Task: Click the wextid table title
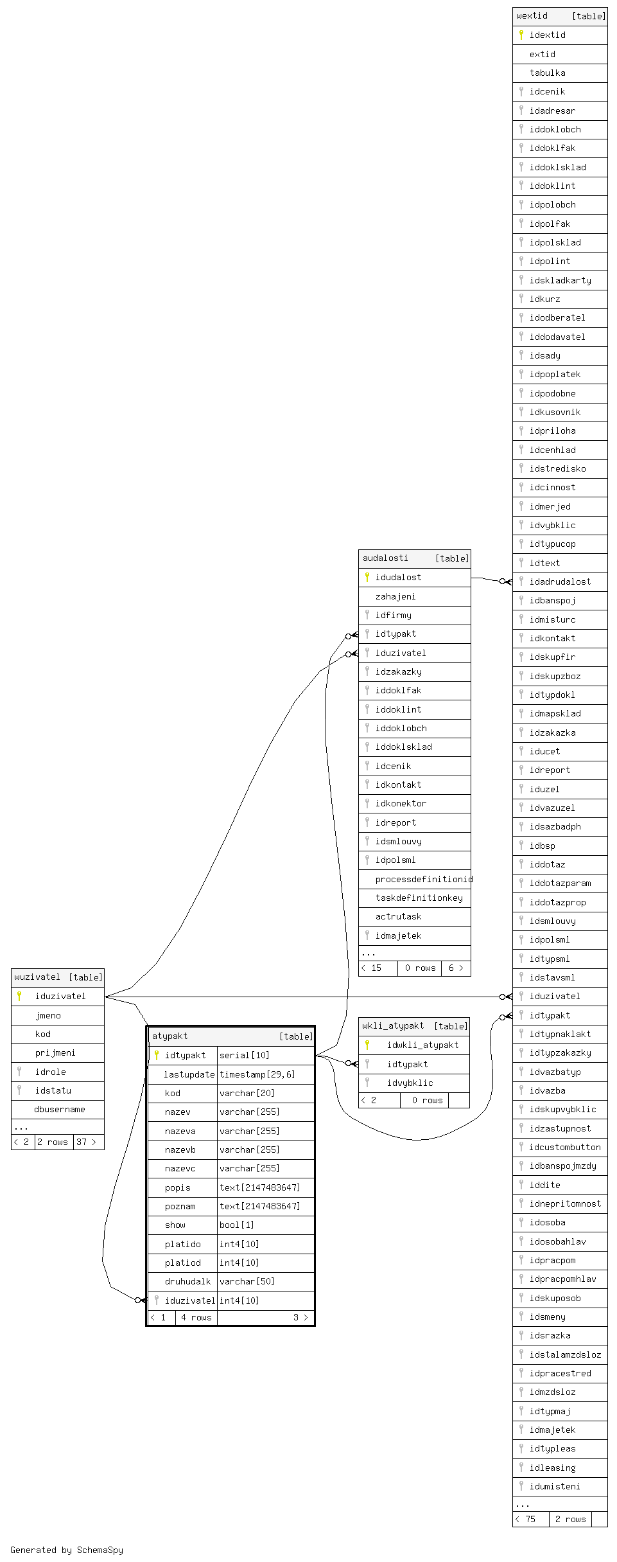click(x=532, y=16)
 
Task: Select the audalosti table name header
click(x=385, y=558)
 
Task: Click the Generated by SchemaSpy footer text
click(x=67, y=1550)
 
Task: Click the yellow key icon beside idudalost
click(x=367, y=577)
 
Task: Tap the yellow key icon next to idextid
click(x=521, y=35)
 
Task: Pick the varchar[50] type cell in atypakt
click(x=247, y=1281)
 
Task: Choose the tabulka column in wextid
click(x=547, y=73)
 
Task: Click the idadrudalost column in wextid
click(x=560, y=581)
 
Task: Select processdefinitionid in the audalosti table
click(x=424, y=879)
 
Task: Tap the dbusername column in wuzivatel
click(x=60, y=1109)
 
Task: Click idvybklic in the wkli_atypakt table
click(x=410, y=1083)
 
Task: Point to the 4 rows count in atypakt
click(x=196, y=1317)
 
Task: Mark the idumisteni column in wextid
click(x=555, y=1486)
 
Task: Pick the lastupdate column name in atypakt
click(x=189, y=1074)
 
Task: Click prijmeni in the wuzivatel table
click(x=55, y=1052)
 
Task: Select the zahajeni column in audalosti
click(x=395, y=596)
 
